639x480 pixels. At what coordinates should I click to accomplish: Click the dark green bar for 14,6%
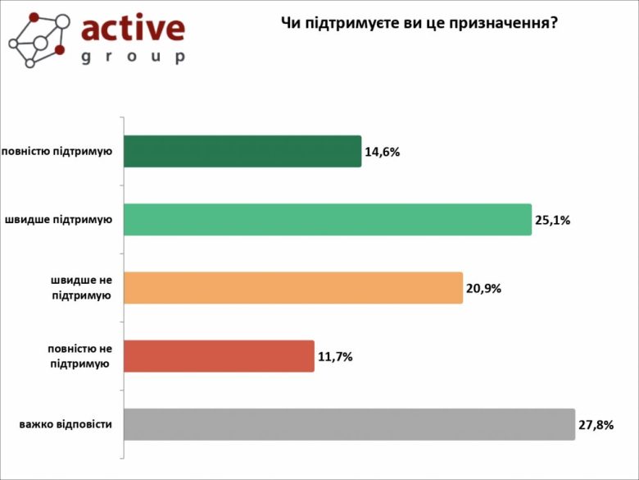tap(242, 151)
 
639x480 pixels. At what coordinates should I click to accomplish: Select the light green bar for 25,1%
tap(328, 220)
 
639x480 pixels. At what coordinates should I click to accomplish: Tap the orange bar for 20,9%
tap(293, 288)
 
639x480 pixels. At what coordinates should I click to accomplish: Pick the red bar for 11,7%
tap(219, 356)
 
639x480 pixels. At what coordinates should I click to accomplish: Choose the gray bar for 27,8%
tap(349, 424)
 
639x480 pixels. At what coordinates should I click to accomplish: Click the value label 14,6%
tap(383, 152)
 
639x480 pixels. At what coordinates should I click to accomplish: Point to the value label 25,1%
tap(553, 220)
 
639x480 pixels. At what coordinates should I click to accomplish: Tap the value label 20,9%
tap(484, 288)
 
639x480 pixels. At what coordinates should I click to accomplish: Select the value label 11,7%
tap(336, 356)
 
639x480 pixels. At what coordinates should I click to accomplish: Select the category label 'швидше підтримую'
tap(59, 220)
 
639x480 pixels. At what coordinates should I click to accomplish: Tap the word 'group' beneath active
tap(134, 57)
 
